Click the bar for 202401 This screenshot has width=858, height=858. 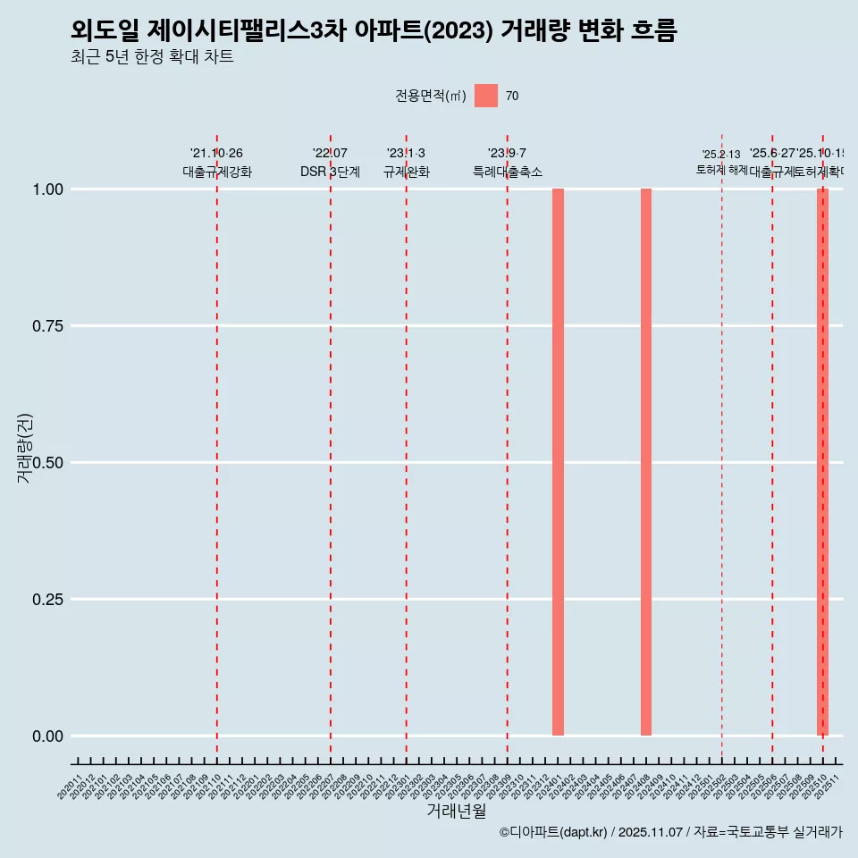tap(558, 462)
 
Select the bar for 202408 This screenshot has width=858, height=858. tap(646, 462)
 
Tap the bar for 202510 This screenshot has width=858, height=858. tap(822, 462)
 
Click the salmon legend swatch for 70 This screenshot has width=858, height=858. tap(486, 96)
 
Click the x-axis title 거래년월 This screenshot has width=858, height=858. tap(457, 812)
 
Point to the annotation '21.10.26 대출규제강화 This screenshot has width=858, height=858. tap(217, 163)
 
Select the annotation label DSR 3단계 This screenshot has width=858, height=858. tap(330, 172)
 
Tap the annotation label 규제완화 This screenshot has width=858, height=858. tap(407, 172)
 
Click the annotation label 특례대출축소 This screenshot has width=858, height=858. tap(508, 172)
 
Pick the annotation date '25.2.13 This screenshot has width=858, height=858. tap(721, 155)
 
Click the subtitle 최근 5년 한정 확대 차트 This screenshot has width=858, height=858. tap(152, 57)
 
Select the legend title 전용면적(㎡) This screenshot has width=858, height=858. tap(431, 96)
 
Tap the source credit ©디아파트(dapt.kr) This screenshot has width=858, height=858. tap(553, 832)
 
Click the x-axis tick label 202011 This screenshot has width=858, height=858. tap(71, 787)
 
